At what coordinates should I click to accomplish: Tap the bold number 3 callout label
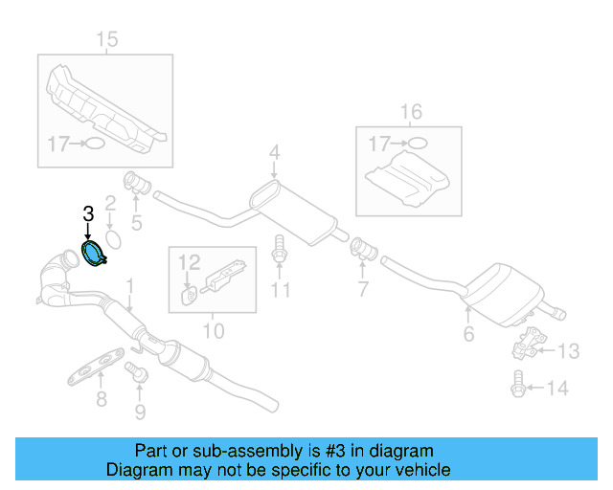point(87,215)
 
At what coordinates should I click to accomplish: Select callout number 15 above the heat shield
point(106,39)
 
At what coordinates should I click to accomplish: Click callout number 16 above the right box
point(410,113)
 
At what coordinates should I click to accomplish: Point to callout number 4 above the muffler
point(274,152)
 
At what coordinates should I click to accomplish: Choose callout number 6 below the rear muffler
point(468,334)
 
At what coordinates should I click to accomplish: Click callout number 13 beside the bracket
point(568,351)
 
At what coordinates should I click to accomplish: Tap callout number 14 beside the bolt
point(557,388)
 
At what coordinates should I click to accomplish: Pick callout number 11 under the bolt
point(279,290)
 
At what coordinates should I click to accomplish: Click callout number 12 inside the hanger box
point(188,260)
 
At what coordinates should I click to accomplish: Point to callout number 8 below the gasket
point(102,398)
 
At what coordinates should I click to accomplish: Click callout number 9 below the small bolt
point(141,412)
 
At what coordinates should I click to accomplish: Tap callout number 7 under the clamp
point(363,288)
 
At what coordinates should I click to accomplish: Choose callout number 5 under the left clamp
point(136,224)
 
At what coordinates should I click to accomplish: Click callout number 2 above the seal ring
point(110,204)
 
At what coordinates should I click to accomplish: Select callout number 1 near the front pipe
point(131,284)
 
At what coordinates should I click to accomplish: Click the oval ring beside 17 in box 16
point(417,145)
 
